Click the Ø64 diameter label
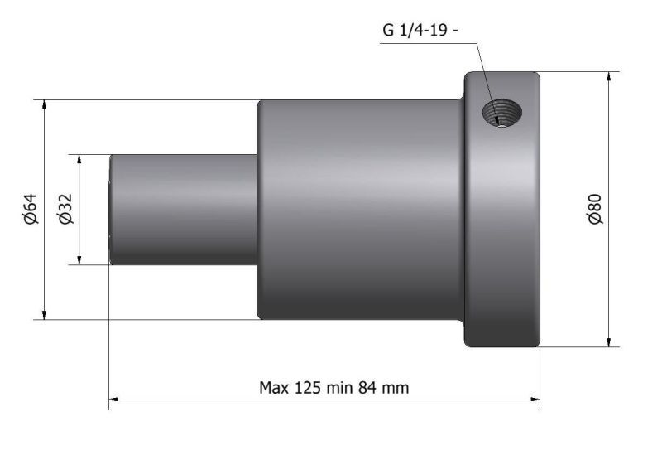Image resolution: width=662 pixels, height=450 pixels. point(31,209)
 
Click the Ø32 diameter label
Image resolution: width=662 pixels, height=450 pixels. point(65,209)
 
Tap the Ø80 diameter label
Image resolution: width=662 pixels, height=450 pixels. point(595,209)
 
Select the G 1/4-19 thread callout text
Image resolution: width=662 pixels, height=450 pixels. point(420,31)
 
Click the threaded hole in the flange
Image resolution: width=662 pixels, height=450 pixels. point(502,113)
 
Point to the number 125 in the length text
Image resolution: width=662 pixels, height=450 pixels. point(307,387)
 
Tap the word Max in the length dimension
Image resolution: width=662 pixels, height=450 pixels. point(274,387)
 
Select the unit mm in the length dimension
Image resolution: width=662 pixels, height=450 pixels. point(395,389)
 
